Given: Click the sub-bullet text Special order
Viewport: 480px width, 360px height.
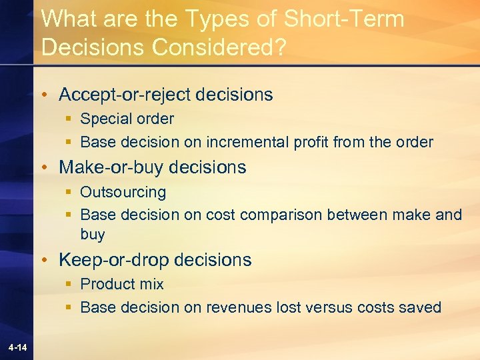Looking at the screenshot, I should [x=127, y=119].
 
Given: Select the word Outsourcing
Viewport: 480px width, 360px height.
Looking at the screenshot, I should [x=123, y=192].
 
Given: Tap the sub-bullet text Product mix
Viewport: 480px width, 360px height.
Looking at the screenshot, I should [x=121, y=284].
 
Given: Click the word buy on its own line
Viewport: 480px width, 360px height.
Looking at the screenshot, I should [x=93, y=234].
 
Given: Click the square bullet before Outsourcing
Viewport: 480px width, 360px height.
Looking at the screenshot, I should [x=69, y=193].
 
